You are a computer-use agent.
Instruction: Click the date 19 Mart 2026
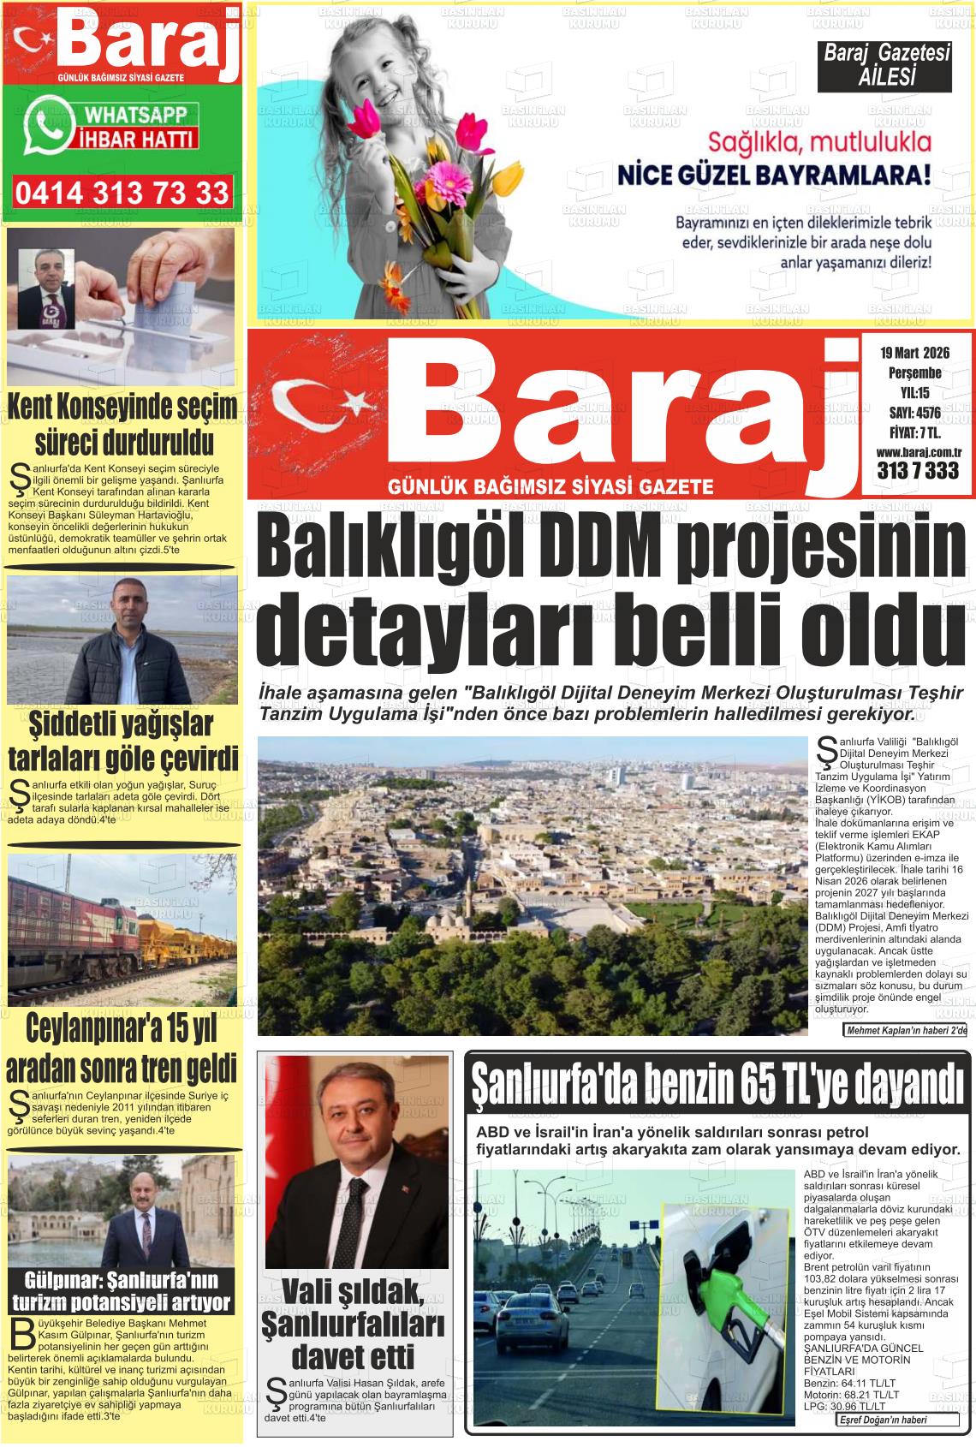914,353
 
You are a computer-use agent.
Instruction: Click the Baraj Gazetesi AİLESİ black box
886,66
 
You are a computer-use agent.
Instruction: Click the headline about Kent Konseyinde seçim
122,426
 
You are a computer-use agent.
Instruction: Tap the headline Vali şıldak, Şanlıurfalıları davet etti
353,1324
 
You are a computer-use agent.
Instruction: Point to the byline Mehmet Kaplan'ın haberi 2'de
906,1030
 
